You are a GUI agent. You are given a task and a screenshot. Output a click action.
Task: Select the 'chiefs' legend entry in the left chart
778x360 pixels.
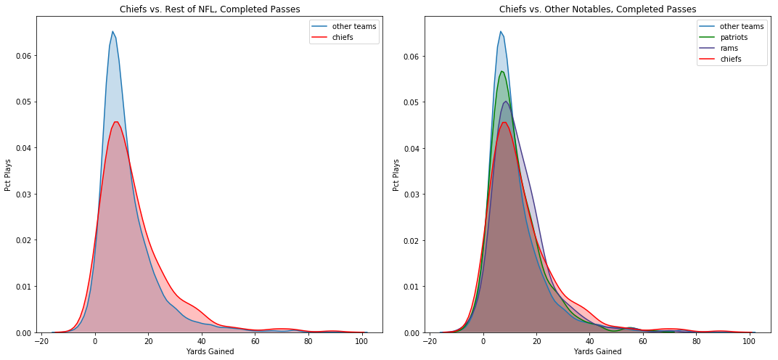343,37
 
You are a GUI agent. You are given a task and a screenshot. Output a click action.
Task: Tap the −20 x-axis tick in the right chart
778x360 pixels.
430,342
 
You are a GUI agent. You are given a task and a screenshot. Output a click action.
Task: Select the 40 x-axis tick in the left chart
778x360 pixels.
202,342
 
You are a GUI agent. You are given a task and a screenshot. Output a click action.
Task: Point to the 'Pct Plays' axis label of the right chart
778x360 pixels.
397,175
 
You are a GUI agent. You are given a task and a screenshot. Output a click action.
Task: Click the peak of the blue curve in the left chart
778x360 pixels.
112,31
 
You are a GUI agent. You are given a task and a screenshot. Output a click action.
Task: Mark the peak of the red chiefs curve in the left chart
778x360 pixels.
115,122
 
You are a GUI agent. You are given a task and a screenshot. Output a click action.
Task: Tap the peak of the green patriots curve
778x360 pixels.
501,71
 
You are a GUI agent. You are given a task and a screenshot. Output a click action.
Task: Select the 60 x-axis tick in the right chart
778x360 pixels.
643,342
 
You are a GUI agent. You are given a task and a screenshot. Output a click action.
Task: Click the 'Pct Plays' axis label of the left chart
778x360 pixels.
9,175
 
